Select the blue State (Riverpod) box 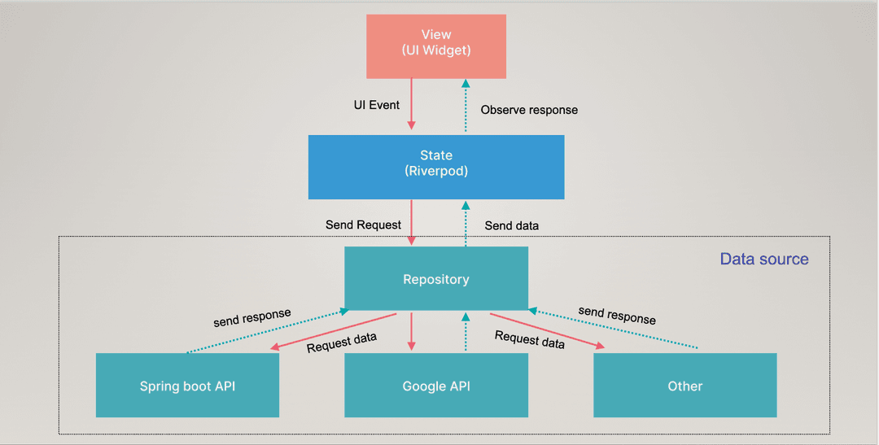pos(435,166)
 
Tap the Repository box pos(435,279)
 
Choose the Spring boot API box pos(187,386)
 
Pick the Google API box pos(435,386)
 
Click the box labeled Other pos(684,386)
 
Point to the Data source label pos(763,260)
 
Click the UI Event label pos(375,106)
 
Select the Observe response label pos(529,110)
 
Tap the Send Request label pos(363,224)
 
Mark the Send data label pos(511,225)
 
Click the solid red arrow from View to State pos(412,103)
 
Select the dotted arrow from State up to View pos(466,106)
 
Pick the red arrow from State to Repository pos(412,222)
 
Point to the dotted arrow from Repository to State pos(466,222)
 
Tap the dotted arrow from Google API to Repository pos(466,331)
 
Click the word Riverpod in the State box pos(436,172)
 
